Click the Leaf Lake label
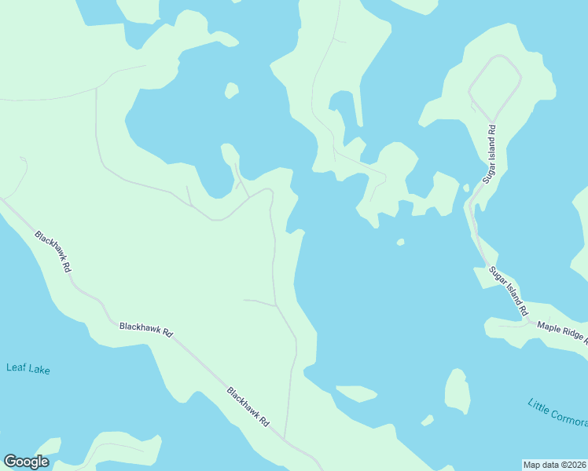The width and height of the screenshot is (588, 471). tap(28, 368)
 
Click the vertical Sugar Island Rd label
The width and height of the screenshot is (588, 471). tap(490, 153)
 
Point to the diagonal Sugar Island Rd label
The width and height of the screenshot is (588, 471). tap(509, 291)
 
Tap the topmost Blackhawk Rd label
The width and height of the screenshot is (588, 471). tap(53, 250)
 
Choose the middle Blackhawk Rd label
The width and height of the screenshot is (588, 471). tap(145, 328)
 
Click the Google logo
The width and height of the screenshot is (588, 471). tap(26, 462)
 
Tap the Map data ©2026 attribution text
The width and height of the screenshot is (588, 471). tap(554, 464)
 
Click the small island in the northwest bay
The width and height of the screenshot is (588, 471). tap(231, 90)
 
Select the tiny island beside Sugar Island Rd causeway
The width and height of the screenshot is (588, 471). tap(466, 188)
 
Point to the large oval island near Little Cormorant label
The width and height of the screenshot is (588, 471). tap(457, 390)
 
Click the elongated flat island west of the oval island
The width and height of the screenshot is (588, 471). tap(357, 392)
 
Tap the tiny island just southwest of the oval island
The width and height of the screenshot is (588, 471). tap(427, 420)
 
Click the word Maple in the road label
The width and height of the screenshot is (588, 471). tap(549, 327)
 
